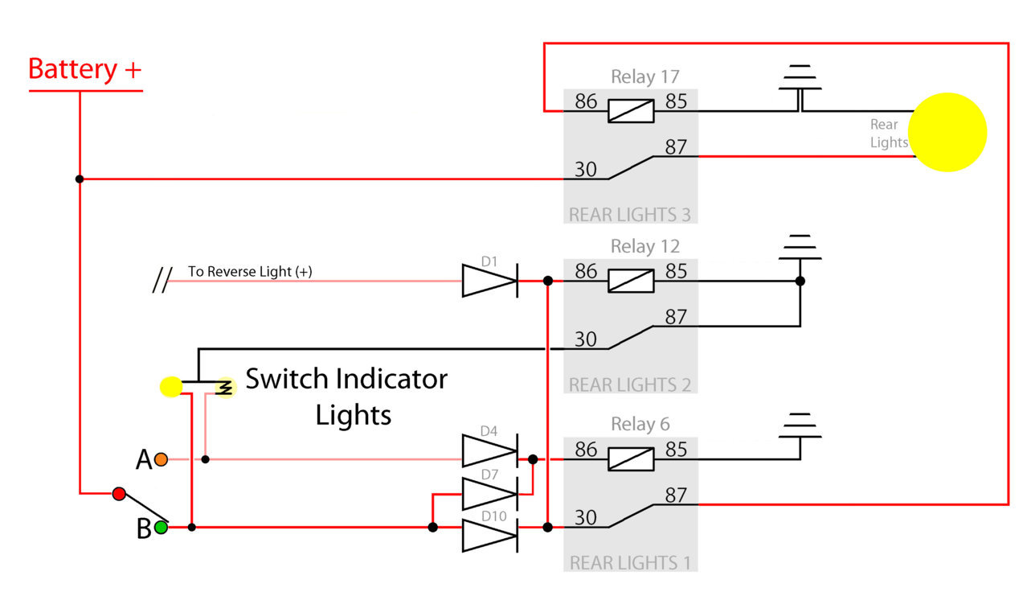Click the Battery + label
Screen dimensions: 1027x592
[x=85, y=70]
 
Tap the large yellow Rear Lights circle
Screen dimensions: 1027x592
[x=947, y=132]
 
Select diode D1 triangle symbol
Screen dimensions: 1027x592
[x=490, y=281]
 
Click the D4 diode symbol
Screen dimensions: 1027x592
[x=490, y=450]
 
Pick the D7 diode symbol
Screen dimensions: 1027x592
[x=490, y=494]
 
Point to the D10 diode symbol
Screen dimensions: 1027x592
[x=490, y=536]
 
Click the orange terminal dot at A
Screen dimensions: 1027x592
[x=161, y=459]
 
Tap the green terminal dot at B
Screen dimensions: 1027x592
[x=161, y=528]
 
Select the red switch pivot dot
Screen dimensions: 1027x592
[x=119, y=493]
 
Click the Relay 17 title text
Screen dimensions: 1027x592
[x=645, y=76]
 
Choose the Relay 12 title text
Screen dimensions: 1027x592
[x=645, y=246]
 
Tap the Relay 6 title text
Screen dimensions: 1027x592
[x=640, y=424]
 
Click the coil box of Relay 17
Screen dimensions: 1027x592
[x=631, y=111]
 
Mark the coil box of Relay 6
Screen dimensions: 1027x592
[x=631, y=459]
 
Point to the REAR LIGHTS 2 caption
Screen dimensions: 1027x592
[x=630, y=385]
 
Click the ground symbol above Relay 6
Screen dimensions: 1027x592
[x=800, y=425]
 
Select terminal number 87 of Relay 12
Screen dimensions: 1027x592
[x=676, y=317]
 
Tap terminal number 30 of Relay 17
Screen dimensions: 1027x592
[x=586, y=170]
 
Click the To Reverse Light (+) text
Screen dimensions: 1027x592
[x=250, y=272]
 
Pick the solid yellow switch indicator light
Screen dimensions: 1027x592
[x=171, y=386]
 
